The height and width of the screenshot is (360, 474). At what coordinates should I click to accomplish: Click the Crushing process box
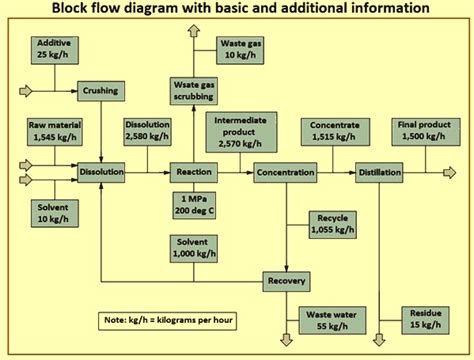[100, 91]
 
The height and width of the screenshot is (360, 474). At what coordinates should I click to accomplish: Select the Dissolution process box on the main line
[101, 173]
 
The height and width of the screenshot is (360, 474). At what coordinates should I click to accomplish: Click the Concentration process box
[284, 173]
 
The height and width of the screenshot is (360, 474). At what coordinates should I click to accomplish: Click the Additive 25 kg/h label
[53, 49]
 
